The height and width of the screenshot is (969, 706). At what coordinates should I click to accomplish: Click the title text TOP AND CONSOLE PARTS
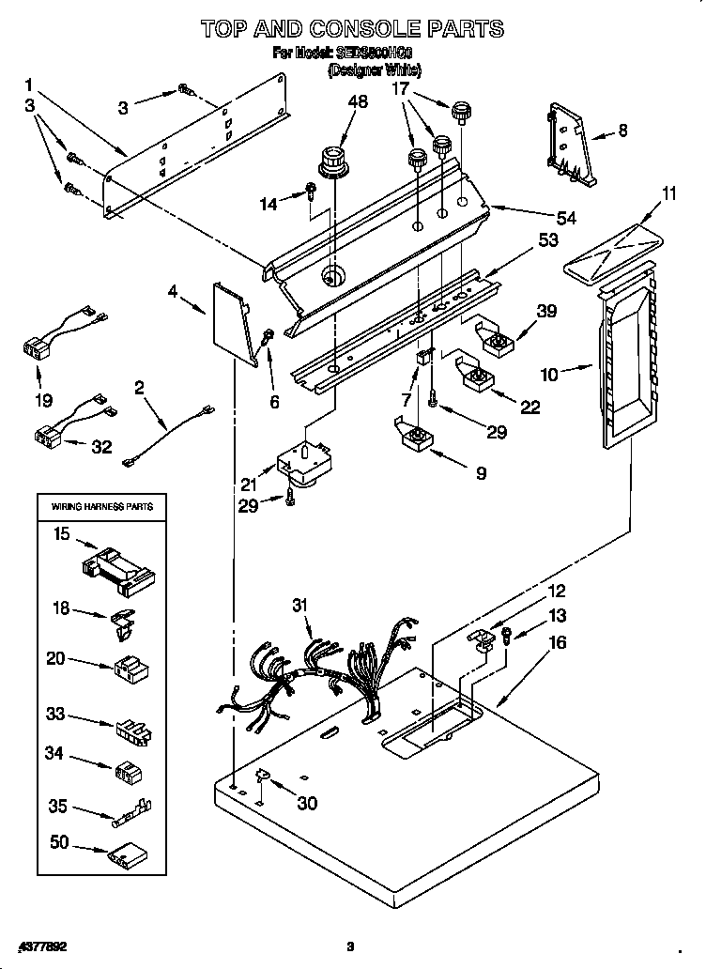coord(352,29)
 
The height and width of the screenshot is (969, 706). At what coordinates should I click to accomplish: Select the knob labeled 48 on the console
coord(331,161)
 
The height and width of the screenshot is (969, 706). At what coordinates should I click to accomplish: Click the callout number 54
coord(565,218)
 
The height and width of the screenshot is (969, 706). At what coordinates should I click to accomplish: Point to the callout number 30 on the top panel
coord(305,803)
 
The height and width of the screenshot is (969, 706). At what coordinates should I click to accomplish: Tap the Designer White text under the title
coord(374,70)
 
